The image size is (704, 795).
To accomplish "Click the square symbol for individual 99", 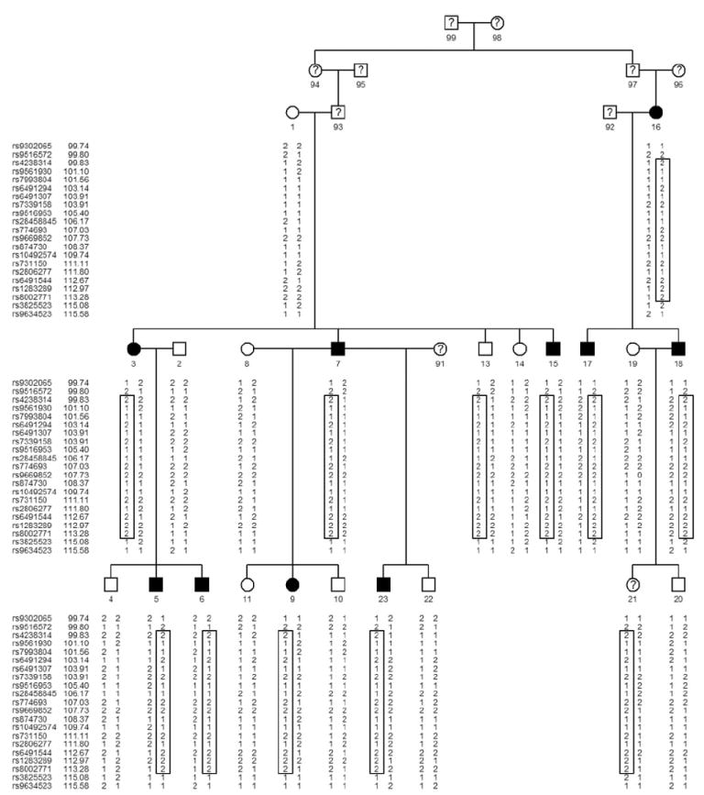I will (451, 22).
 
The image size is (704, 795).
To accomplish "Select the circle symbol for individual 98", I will (497, 22).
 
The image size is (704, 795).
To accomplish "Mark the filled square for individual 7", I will (338, 348).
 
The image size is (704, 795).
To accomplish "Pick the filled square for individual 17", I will (588, 348).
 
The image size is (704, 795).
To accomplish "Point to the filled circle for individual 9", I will (292, 583).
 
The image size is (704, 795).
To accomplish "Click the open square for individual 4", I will (111, 583).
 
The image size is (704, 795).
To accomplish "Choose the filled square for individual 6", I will (202, 583).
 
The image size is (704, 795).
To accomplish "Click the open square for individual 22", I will (428, 583).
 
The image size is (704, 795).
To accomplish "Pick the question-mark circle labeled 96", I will (678, 71).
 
